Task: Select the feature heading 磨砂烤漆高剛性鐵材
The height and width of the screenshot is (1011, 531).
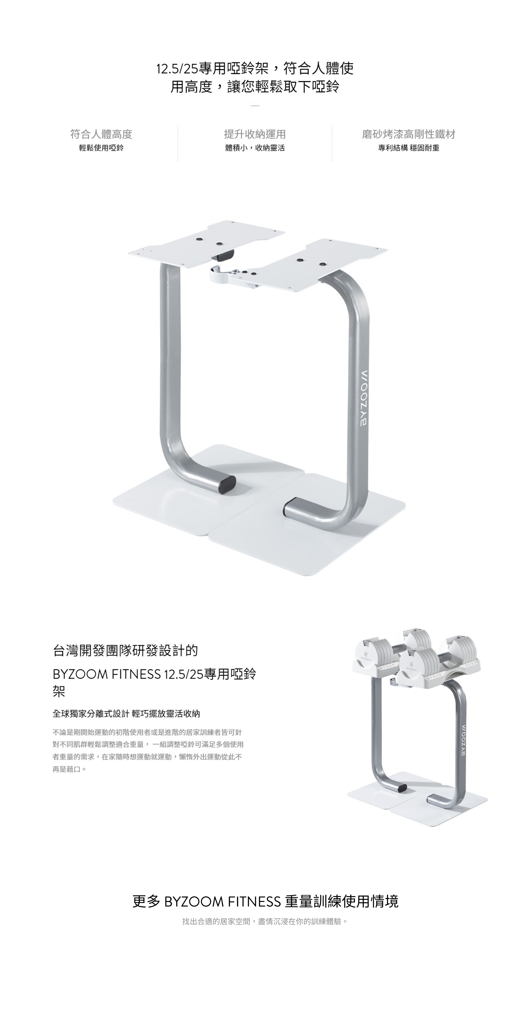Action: pos(408,134)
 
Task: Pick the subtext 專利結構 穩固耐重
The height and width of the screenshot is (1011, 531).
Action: pos(408,148)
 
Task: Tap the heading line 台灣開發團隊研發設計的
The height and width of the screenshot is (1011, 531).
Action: pos(125,651)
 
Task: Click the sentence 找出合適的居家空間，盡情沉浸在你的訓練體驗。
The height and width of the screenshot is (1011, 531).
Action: pos(265,921)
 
